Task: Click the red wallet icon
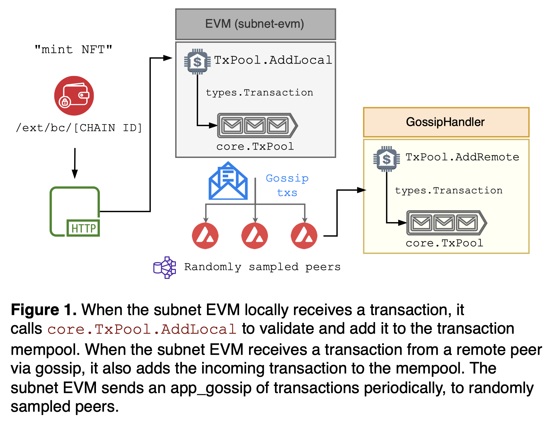click(x=74, y=96)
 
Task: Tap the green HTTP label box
click(x=83, y=228)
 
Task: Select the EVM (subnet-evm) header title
click(x=255, y=24)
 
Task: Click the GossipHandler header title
click(x=445, y=122)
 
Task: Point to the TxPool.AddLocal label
click(x=273, y=60)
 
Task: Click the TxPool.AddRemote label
click(x=462, y=157)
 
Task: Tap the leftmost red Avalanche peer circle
click(x=205, y=236)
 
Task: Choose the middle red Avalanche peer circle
click(x=254, y=236)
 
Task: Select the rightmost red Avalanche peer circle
click(x=304, y=236)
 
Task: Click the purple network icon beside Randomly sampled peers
click(x=165, y=267)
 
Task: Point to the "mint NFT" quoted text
click(x=73, y=50)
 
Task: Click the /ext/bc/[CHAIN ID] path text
click(x=79, y=128)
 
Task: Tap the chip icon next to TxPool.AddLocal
click(x=197, y=62)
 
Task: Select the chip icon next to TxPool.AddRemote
click(x=386, y=159)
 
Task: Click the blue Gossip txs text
click(x=287, y=185)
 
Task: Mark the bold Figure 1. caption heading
click(x=44, y=310)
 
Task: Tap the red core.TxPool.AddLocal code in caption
click(x=142, y=329)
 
